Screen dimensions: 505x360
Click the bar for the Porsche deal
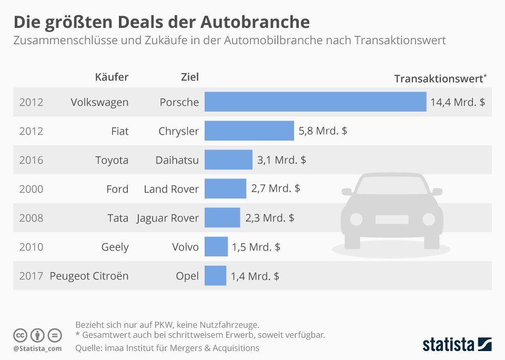[315, 102]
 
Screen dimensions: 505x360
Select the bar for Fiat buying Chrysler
[249, 131]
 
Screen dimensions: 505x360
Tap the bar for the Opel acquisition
[216, 276]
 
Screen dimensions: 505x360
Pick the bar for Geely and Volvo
[216, 246]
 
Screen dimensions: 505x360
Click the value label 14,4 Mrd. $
[458, 102]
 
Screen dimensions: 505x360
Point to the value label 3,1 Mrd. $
[281, 160]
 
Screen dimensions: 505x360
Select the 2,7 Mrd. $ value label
[275, 188]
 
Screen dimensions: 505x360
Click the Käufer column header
[112, 77]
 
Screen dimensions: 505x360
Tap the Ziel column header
[190, 77]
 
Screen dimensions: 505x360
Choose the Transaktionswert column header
[440, 78]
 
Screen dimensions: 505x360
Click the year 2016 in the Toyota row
[31, 160]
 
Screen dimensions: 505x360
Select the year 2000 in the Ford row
[31, 189]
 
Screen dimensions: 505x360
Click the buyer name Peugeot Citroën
[89, 276]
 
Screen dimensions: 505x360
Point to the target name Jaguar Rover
[167, 218]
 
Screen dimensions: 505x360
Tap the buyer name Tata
[118, 218]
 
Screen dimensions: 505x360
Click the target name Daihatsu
[177, 160]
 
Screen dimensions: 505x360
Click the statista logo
[457, 344]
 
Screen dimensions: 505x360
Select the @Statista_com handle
[38, 348]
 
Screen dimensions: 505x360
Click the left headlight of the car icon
[356, 219]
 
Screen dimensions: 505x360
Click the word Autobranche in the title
[255, 22]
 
